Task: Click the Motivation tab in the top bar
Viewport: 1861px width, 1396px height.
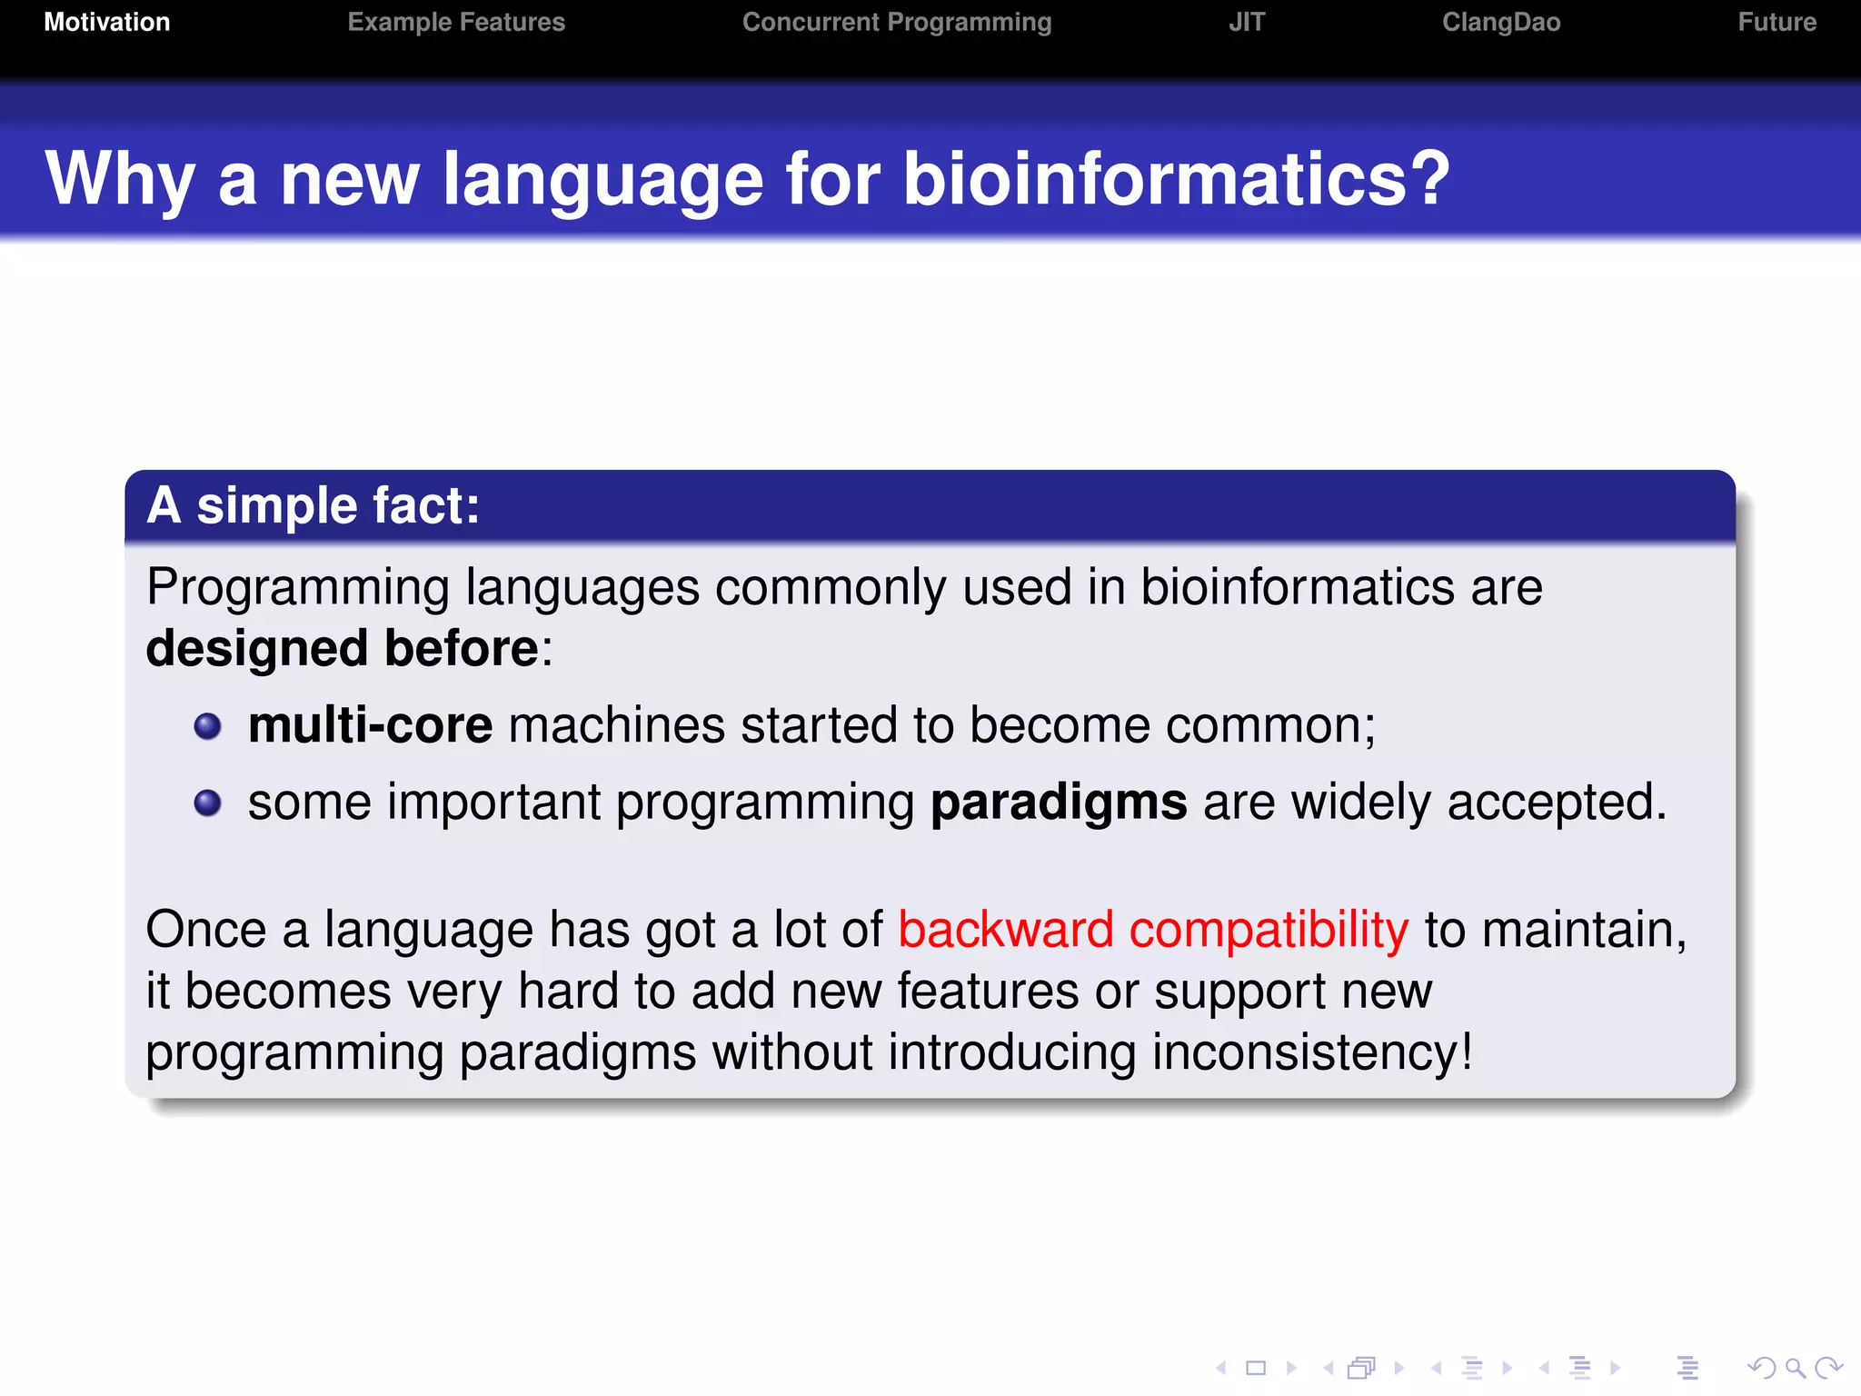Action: [107, 22]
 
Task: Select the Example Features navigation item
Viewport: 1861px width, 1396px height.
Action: [456, 22]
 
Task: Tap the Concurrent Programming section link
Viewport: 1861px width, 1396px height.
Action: [897, 22]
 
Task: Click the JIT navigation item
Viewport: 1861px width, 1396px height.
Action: [1247, 22]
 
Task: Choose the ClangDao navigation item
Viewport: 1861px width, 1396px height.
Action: [1501, 22]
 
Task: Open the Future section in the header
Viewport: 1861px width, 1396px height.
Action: [1776, 22]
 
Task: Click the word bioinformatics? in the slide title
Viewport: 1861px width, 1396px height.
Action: [1176, 178]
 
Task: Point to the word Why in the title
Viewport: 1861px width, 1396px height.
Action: [120, 178]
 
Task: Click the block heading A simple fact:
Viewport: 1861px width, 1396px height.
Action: [313, 505]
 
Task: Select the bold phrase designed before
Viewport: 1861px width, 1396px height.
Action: [343, 648]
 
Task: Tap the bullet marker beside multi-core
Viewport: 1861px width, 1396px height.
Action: [208, 726]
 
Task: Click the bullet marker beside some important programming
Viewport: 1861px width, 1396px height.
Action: [208, 803]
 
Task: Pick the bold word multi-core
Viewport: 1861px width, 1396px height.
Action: [370, 725]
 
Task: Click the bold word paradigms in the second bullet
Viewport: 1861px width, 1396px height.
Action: [1059, 803]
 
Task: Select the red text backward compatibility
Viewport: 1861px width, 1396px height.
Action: [1153, 930]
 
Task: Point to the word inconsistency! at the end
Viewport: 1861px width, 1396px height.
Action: [1312, 1052]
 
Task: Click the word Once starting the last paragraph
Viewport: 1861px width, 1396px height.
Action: [206, 930]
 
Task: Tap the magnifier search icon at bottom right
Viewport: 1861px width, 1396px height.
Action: [1795, 1368]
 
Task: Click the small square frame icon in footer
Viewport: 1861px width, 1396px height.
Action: [1256, 1368]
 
